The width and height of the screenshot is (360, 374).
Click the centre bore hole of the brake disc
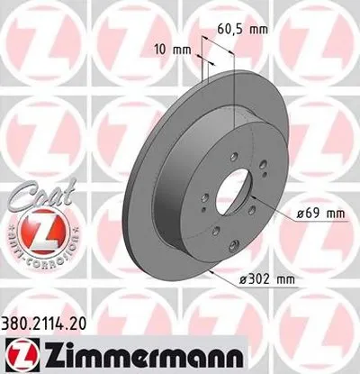point(247,193)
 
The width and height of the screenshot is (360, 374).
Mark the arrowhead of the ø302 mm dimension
point(209,267)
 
